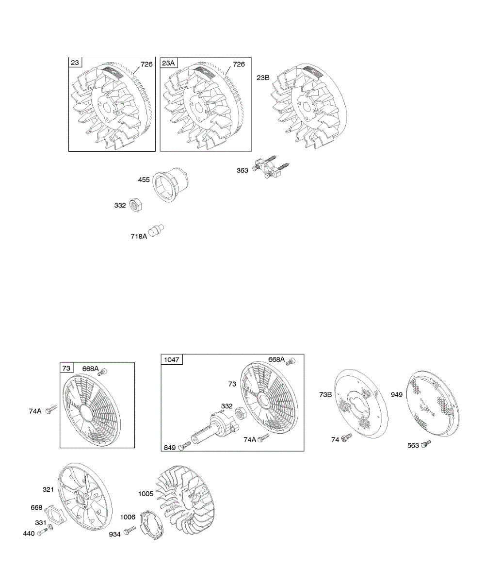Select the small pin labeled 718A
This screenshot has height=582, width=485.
click(x=157, y=230)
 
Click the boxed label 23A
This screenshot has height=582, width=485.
click(x=169, y=62)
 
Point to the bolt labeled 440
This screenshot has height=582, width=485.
click(x=41, y=532)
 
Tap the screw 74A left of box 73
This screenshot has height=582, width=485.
click(x=50, y=411)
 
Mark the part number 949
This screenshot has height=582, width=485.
click(x=397, y=395)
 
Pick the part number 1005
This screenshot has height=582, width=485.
click(x=145, y=494)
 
